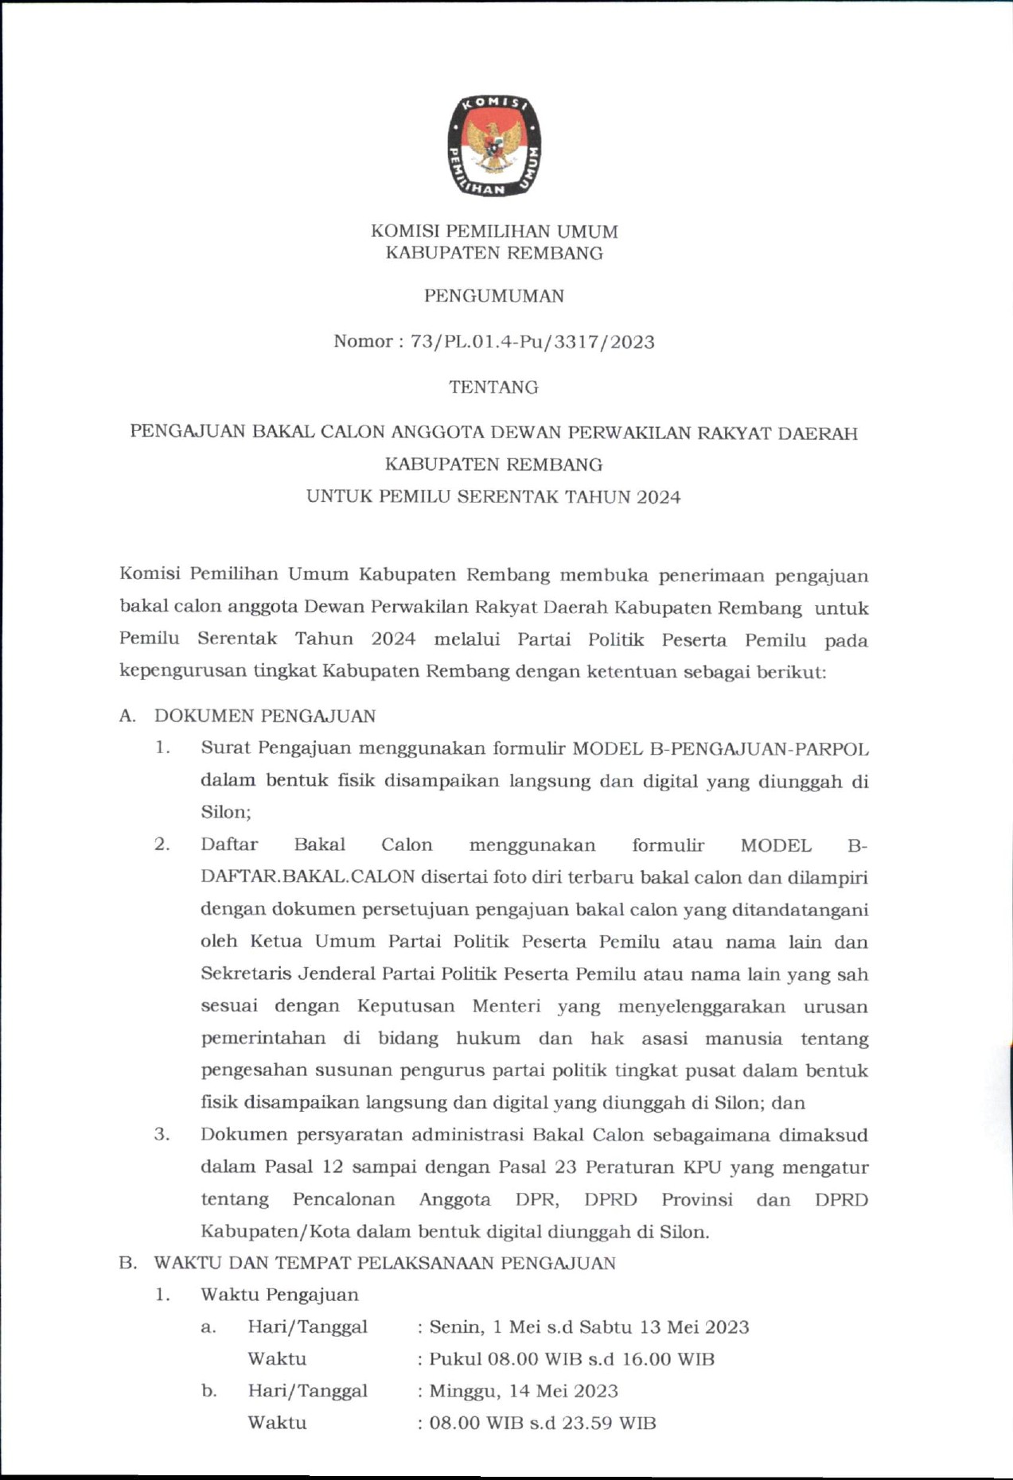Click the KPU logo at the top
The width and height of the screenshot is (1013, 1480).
click(493, 146)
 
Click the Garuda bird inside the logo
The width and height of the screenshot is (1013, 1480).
click(493, 145)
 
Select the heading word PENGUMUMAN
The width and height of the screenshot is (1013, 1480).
click(493, 297)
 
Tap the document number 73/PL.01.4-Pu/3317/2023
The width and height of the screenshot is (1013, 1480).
click(532, 342)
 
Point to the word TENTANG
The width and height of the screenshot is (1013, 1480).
click(493, 387)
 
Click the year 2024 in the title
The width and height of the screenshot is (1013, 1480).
click(658, 498)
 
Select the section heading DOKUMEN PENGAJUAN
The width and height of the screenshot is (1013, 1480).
click(265, 716)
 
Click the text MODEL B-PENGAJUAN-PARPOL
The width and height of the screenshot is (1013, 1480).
click(720, 748)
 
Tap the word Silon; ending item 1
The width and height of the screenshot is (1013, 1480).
click(226, 812)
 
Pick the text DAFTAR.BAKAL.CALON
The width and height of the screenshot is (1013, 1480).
click(308, 877)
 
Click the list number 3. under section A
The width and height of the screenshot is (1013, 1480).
click(162, 1134)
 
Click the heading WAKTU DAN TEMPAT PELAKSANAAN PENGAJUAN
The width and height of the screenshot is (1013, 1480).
click(384, 1263)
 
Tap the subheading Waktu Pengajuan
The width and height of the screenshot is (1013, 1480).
click(279, 1295)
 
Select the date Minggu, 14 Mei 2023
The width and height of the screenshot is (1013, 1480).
click(524, 1391)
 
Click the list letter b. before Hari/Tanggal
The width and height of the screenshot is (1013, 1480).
click(209, 1391)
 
